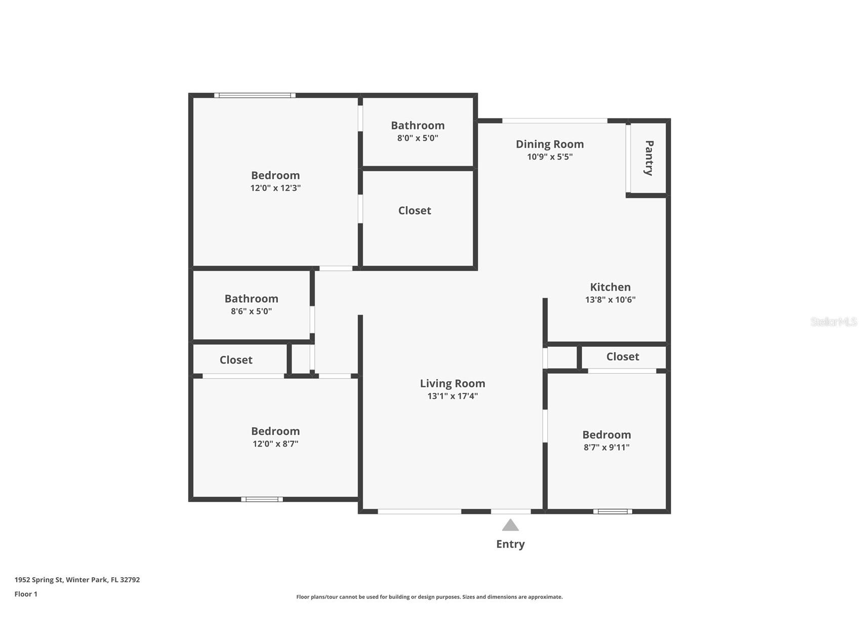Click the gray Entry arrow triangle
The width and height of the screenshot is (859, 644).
pos(510,525)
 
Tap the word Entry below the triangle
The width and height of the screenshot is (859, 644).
pos(510,544)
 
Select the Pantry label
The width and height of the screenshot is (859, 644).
pos(649,158)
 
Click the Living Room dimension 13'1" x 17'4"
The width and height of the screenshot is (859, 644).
pos(453,396)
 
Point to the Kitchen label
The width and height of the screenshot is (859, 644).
pos(610,287)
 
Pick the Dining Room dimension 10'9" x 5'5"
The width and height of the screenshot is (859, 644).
pos(550,157)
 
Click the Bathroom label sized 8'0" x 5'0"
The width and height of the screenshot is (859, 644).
pos(418,125)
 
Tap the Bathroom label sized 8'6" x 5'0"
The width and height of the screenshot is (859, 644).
pos(252,299)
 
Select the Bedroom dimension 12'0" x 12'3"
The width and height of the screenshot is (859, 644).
pos(275,188)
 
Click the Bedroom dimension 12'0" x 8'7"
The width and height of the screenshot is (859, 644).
pos(275,444)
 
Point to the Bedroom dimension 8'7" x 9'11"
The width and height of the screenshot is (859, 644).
pos(606,448)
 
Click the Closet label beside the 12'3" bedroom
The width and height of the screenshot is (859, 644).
pos(415,211)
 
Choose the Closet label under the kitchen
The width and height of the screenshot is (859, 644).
pos(623,357)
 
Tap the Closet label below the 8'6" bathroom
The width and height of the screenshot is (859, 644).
pos(236,360)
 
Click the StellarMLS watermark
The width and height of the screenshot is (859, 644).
pos(834,321)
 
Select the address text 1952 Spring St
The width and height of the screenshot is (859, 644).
pos(39,580)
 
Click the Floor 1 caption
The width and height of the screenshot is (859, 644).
pos(26,594)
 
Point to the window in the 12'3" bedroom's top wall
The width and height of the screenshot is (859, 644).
pos(255,95)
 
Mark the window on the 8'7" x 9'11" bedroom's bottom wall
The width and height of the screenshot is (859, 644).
pos(612,511)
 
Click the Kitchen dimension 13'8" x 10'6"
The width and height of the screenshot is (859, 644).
pos(610,300)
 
